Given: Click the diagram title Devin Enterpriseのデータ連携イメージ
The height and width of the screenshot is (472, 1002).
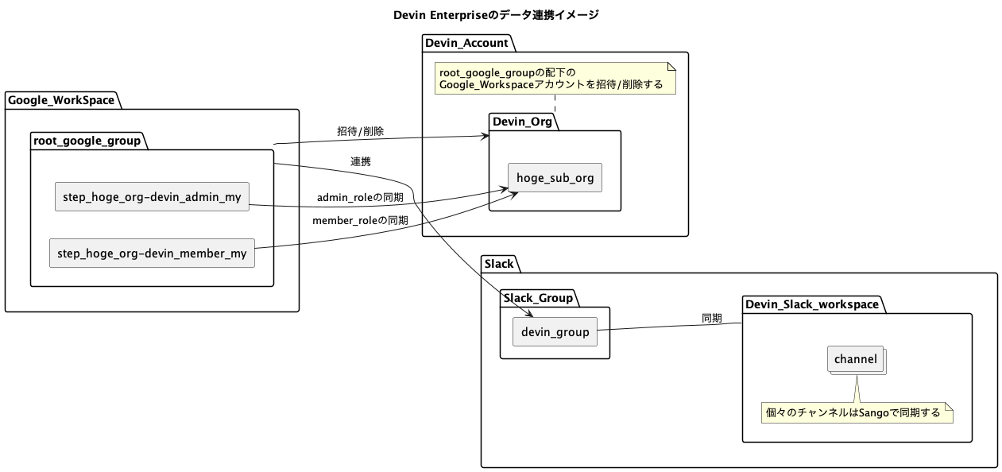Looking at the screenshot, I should pos(496,15).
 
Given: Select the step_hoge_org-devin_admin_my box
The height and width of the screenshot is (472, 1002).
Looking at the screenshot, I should pos(152,196).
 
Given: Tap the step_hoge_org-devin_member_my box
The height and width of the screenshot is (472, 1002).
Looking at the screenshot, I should pos(152,253).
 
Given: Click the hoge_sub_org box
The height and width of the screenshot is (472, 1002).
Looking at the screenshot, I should pos(555,177).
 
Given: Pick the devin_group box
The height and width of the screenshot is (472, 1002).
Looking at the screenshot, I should pos(555,332).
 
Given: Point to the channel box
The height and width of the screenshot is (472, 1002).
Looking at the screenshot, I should pos(855,359).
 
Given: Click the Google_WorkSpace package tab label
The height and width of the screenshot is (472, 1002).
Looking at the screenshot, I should pos(61,100).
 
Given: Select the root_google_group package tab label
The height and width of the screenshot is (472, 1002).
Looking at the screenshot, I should pos(87,141).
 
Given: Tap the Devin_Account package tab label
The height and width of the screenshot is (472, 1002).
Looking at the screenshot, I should pos(466,43).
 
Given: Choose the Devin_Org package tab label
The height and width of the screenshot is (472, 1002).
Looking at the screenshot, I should pos(522,122).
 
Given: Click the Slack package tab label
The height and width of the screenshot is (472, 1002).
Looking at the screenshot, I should pos(499,263).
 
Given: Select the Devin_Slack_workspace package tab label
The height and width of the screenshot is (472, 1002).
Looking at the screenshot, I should pos(812,304).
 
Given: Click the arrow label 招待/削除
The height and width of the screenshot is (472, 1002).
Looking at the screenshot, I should pos(360,131).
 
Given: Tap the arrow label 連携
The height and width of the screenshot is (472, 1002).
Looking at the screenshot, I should pos(360,161).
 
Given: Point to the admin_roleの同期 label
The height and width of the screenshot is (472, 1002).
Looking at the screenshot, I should pos(360,197).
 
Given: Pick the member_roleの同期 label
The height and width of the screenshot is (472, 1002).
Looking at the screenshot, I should pos(360,220).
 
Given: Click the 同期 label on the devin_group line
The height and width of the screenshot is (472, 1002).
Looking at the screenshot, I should pos(711,318).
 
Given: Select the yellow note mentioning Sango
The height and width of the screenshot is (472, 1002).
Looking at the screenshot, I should pos(857,412).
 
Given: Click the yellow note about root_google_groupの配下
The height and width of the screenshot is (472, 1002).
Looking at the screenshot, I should pos(554,78).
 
